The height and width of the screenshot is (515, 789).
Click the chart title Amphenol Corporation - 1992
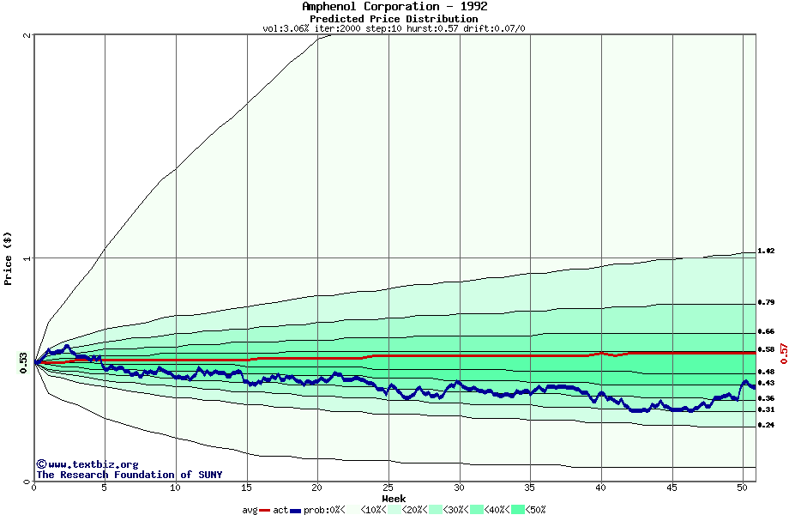394,7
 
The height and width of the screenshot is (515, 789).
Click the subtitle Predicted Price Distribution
394,18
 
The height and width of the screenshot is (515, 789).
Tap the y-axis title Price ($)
8,258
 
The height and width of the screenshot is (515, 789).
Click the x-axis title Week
394,498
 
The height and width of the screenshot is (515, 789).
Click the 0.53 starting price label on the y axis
23,362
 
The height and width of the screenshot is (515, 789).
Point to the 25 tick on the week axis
388,488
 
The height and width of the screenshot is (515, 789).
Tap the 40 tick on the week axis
601,488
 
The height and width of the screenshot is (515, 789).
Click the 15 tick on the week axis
246,488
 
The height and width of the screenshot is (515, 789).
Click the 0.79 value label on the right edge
766,303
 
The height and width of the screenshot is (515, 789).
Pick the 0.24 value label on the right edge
766,426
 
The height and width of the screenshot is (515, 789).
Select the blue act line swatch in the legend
296,510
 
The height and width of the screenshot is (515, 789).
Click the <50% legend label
536,510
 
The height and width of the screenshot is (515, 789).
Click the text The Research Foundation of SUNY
129,475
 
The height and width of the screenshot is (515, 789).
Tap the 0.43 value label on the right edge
766,383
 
